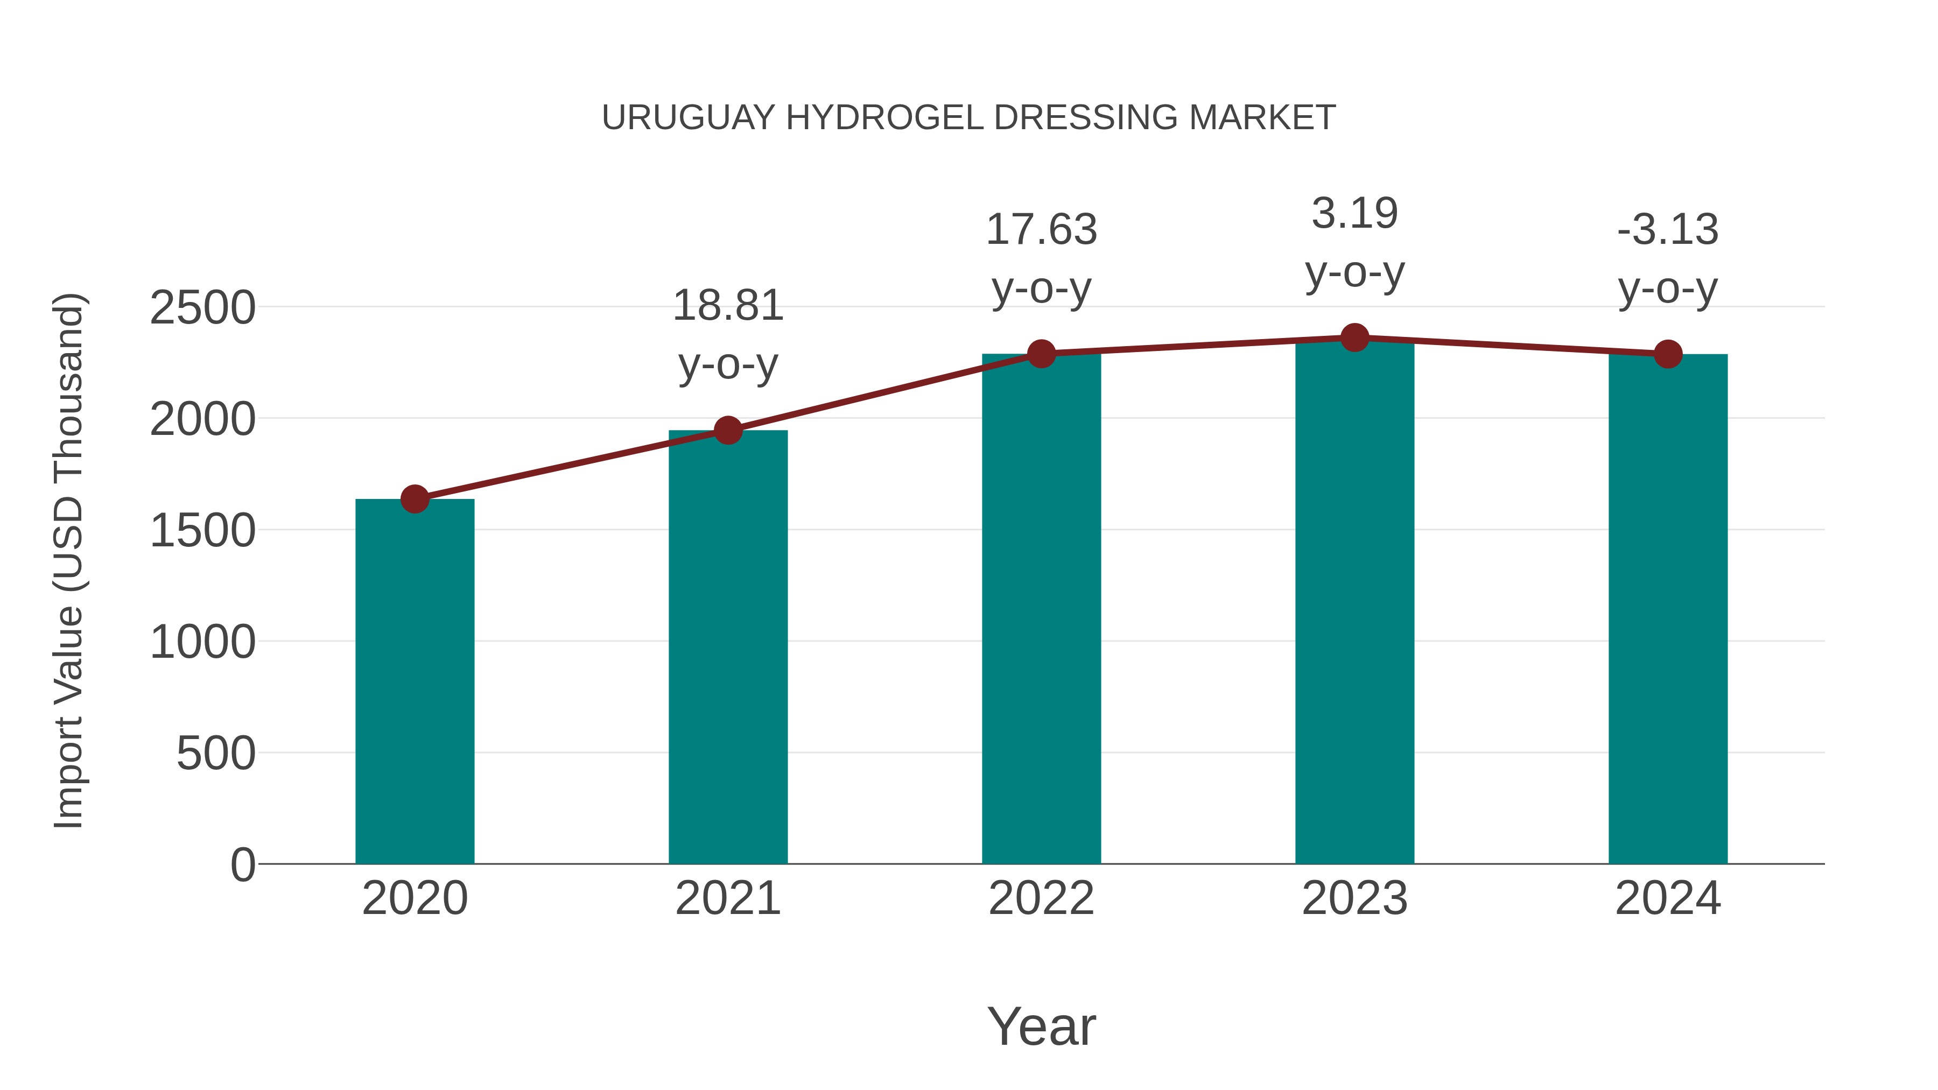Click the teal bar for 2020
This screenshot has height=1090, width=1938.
point(415,681)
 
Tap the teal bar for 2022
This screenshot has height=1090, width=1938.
point(1041,609)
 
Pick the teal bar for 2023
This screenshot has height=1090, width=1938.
point(1354,602)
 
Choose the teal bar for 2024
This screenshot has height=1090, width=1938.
point(1668,609)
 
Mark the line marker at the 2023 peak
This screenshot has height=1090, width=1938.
point(1354,337)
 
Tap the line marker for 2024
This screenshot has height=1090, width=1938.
point(1668,354)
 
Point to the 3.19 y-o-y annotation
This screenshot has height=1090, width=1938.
point(1354,242)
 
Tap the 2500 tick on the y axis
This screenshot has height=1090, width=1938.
point(202,308)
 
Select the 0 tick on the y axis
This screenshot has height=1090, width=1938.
point(242,864)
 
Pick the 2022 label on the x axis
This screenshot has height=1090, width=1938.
point(1041,898)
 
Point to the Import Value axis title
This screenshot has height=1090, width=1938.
point(69,560)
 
